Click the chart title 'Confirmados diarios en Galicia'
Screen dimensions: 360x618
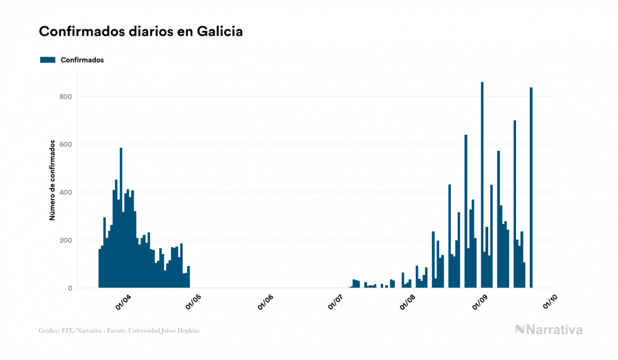point(141,32)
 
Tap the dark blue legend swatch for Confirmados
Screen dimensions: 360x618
point(48,60)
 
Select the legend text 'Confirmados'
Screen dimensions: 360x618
point(82,60)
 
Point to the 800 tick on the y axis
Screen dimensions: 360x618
point(66,97)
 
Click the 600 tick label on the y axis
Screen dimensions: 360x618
point(66,144)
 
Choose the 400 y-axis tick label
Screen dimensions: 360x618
point(66,192)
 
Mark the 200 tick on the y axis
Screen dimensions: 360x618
point(66,240)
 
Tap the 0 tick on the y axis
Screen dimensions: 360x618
point(70,288)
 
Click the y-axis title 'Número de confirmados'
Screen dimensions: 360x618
point(52,181)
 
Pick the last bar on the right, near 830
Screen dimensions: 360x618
point(531,187)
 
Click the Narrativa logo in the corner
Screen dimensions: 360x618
point(549,330)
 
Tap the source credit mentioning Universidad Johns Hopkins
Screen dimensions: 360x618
point(119,331)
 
